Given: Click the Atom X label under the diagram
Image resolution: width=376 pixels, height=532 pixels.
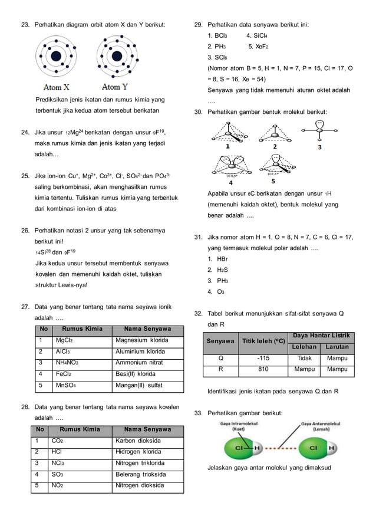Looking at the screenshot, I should click(57, 87).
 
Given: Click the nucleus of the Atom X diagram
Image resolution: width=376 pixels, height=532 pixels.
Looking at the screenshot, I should click(57, 57).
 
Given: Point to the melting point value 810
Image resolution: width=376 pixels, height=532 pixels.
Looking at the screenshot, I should click(263, 369).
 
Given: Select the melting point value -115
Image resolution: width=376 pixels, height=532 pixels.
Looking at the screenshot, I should click(263, 357).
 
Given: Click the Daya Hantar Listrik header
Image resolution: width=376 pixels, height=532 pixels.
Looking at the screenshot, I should click(321, 335).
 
